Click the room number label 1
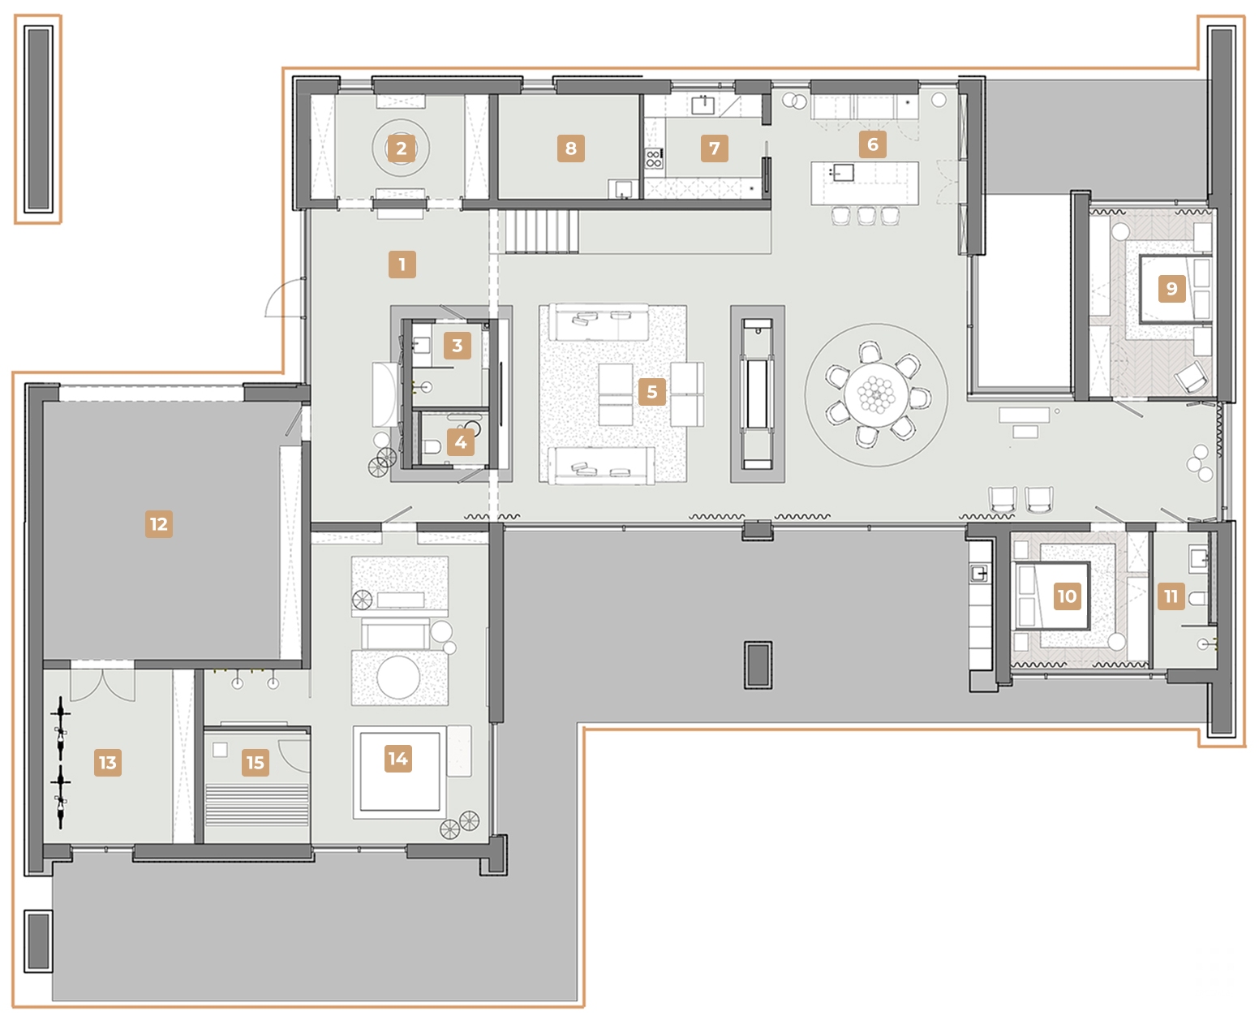(x=402, y=265)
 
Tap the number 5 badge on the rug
(x=651, y=392)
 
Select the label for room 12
(x=158, y=524)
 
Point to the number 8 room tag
(x=570, y=148)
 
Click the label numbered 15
(x=255, y=763)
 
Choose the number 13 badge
(x=107, y=763)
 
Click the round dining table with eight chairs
(x=875, y=394)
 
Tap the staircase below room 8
(x=541, y=231)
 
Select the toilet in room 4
(x=432, y=446)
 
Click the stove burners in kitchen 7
(x=654, y=158)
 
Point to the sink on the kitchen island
(x=841, y=172)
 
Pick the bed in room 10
(x=1053, y=596)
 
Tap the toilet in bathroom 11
(x=1197, y=599)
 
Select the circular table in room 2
(x=401, y=148)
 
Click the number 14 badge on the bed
(x=397, y=759)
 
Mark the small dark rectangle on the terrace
(x=758, y=665)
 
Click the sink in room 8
(x=623, y=188)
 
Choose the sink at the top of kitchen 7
(x=703, y=105)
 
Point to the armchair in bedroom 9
(x=1189, y=377)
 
